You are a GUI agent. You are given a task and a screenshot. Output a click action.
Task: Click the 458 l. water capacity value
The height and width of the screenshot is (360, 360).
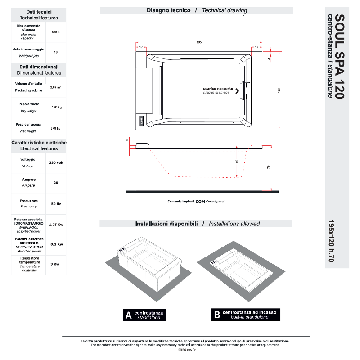(x=55, y=32)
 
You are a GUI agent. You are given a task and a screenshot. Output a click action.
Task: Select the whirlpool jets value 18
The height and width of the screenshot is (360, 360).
(x=56, y=52)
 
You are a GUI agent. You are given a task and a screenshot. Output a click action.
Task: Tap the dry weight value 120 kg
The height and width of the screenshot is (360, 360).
(x=56, y=107)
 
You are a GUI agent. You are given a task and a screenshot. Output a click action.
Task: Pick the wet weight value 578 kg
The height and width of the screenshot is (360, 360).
(x=56, y=128)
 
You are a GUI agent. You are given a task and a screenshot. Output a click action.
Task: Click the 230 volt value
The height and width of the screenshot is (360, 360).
(x=56, y=162)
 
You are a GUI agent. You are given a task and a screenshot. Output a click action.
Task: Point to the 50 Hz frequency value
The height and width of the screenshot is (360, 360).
(x=56, y=204)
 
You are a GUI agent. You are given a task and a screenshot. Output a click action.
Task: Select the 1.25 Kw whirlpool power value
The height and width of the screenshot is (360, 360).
(x=56, y=224)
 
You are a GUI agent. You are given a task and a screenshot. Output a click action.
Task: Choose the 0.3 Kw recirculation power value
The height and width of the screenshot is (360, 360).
(x=56, y=244)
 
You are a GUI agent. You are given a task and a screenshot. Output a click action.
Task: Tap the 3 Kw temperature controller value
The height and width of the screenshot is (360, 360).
(x=56, y=264)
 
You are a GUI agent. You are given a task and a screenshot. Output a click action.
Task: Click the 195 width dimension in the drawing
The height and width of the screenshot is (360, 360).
(x=198, y=42)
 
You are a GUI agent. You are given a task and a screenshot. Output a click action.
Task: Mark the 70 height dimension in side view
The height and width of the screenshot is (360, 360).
(x=269, y=167)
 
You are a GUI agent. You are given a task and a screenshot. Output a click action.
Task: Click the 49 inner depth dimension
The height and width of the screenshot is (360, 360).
(x=237, y=161)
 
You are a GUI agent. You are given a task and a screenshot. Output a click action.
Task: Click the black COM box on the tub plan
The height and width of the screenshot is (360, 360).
(x=141, y=121)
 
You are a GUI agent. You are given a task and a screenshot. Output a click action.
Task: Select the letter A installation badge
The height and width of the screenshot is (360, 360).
(x=129, y=315)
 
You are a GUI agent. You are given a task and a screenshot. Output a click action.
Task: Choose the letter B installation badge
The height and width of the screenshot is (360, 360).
(x=217, y=315)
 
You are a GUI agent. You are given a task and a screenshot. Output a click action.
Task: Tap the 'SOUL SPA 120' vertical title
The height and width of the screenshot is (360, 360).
(x=340, y=56)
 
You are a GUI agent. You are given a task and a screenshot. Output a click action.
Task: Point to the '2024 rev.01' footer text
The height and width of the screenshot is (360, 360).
(x=188, y=350)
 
